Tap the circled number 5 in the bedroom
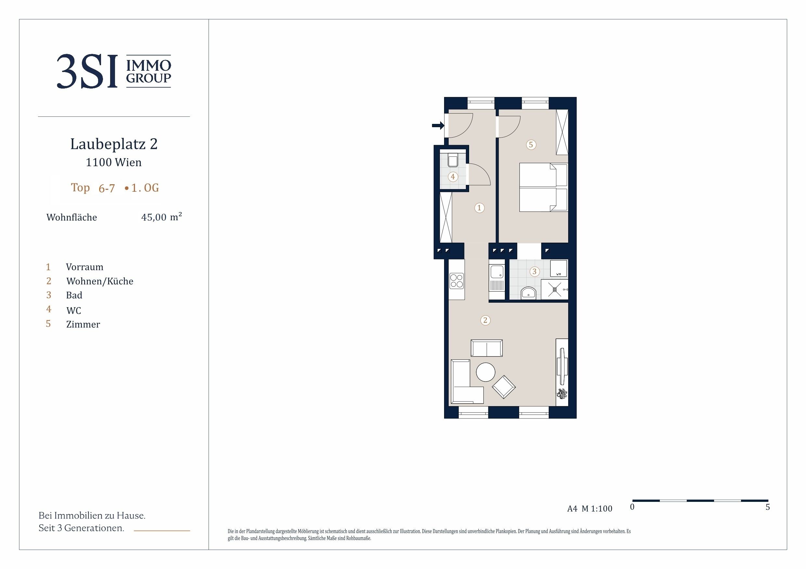click(531, 144)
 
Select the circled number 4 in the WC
click(453, 177)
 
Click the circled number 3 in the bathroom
click(535, 271)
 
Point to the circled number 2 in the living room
click(485, 320)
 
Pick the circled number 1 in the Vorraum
click(479, 208)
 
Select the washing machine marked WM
click(558, 269)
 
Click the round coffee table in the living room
click(485, 372)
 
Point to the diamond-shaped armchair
click(504, 387)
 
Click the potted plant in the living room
click(562, 394)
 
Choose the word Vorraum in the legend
click(84, 267)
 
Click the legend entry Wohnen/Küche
click(100, 281)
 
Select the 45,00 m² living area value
click(161, 217)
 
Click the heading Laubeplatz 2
click(114, 144)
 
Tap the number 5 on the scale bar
click(768, 507)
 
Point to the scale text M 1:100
click(597, 509)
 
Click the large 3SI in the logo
click(87, 71)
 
